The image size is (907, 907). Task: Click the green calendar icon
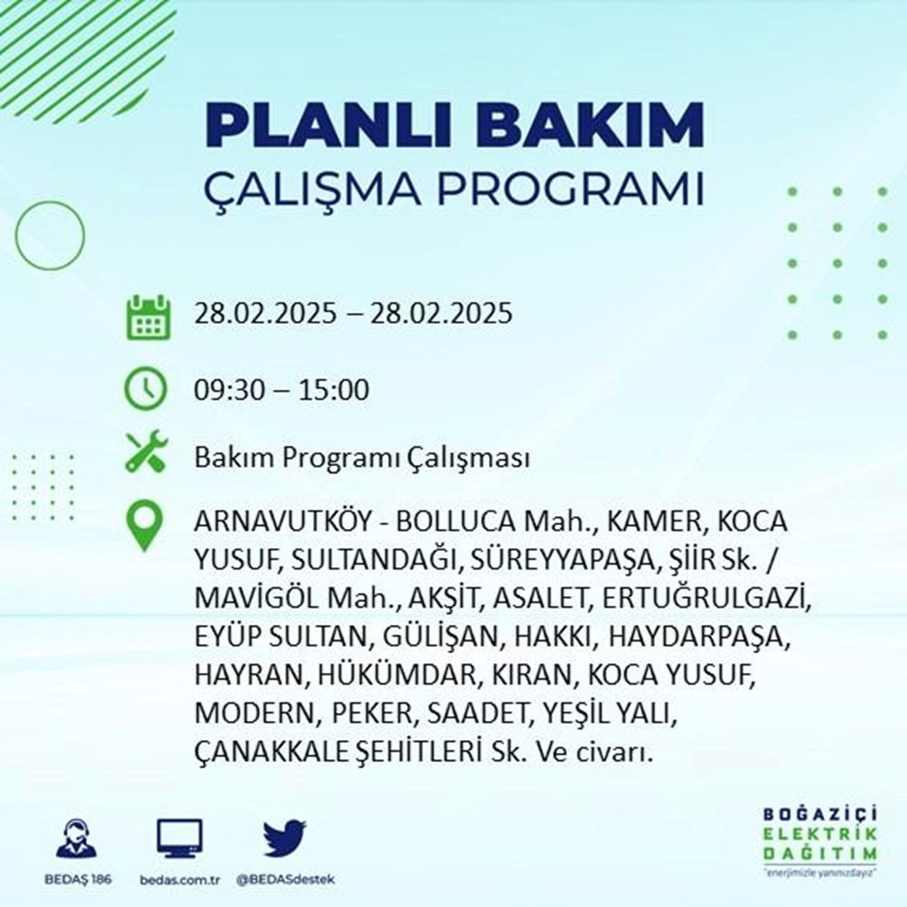(x=146, y=315)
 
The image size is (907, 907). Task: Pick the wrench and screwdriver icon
(x=146, y=452)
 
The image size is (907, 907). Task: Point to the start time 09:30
(x=227, y=391)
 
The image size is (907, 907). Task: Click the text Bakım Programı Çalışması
(x=361, y=459)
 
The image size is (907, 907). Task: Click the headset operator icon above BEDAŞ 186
(x=76, y=839)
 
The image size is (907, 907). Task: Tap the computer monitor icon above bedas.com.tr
(x=180, y=839)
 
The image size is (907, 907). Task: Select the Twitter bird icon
(x=285, y=839)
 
